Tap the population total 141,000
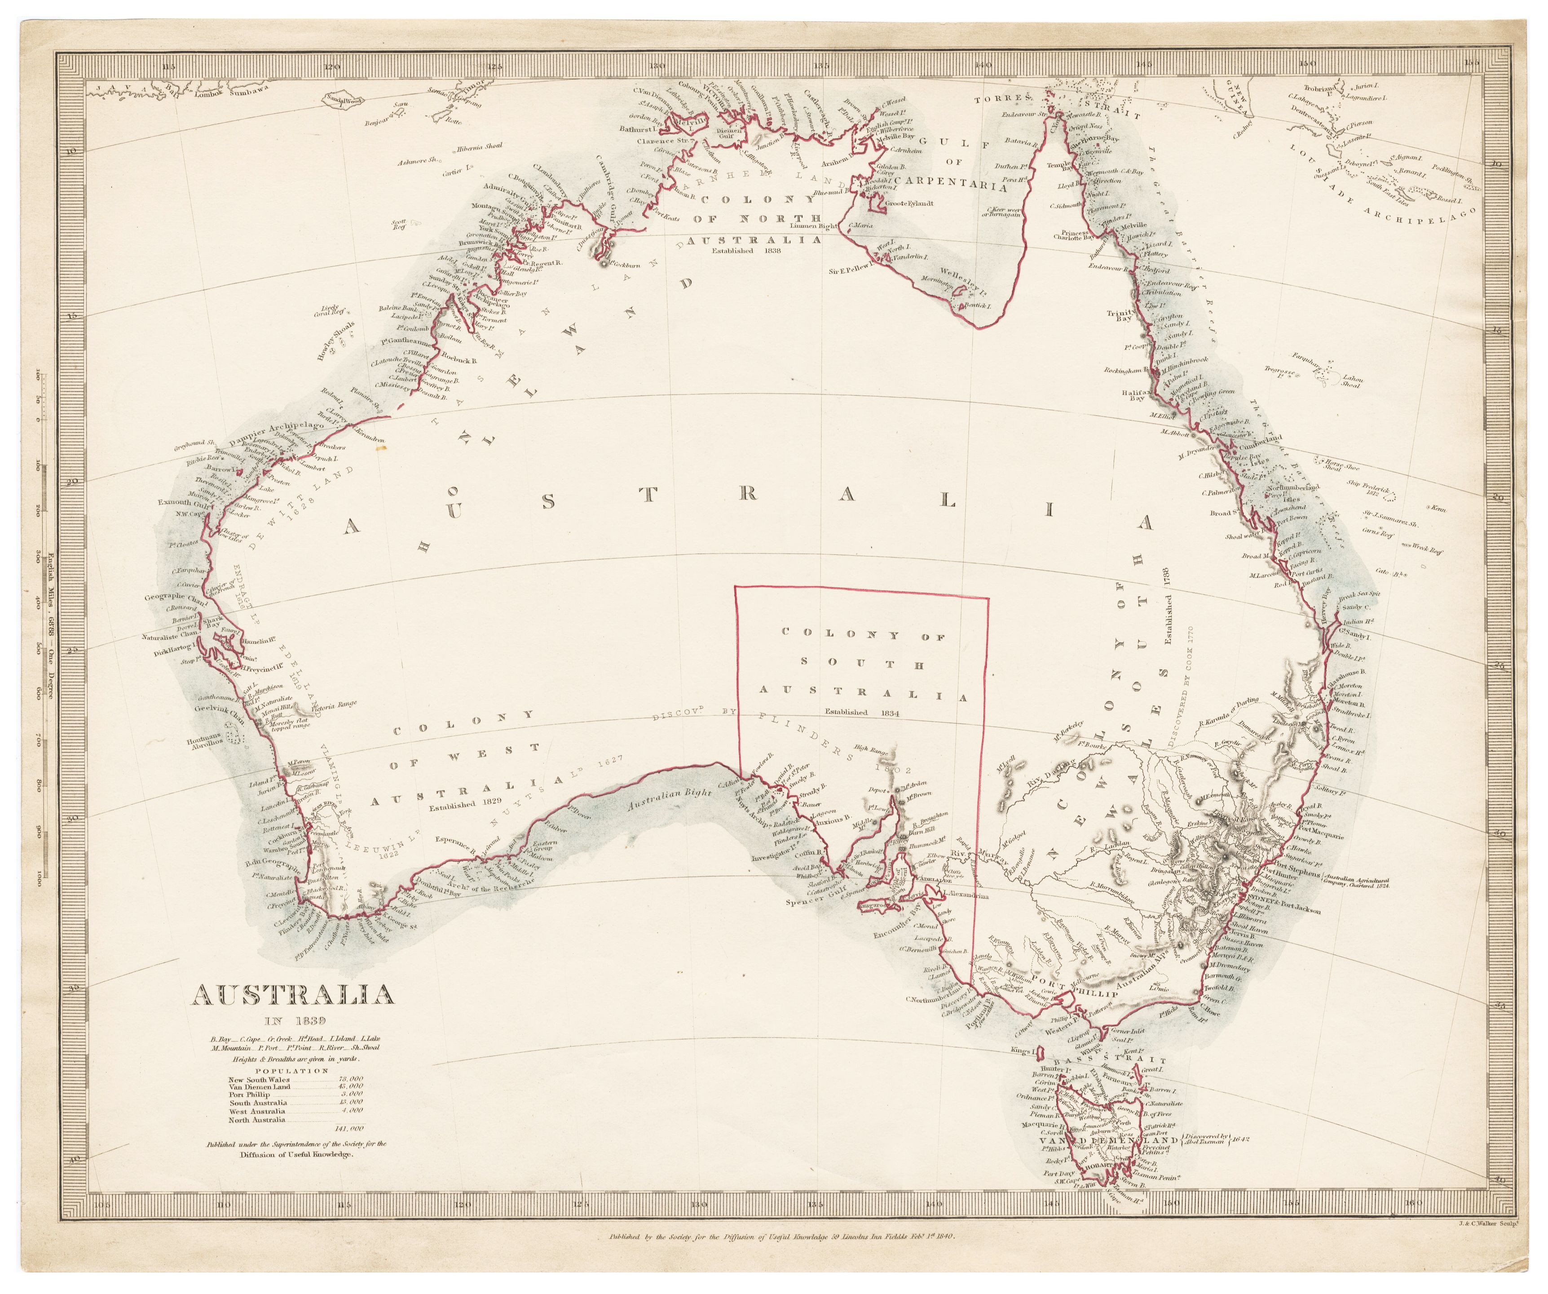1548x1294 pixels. tap(349, 1128)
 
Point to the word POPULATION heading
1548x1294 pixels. tap(292, 1070)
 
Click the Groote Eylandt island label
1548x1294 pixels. tap(911, 202)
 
